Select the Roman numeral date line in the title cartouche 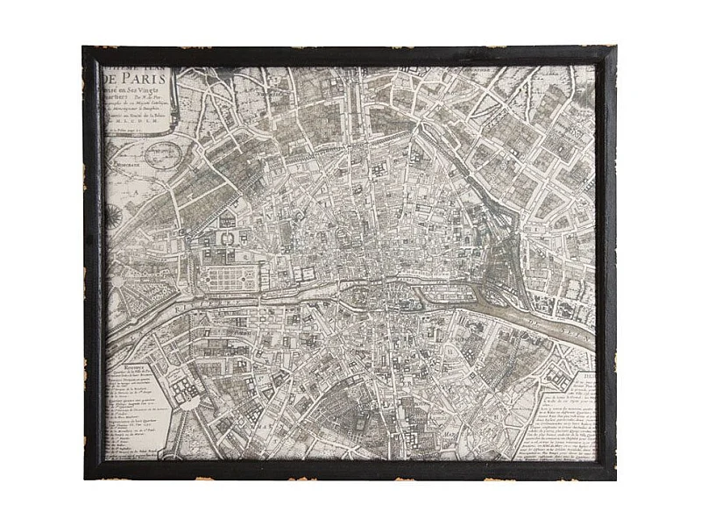145,125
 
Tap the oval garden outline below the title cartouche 166,156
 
